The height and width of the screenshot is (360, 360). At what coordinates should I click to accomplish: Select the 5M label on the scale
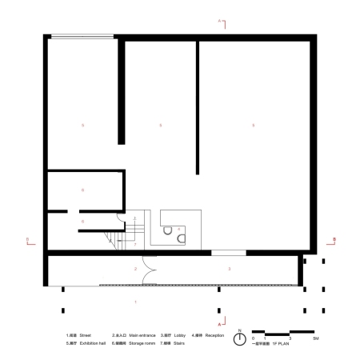click(315, 339)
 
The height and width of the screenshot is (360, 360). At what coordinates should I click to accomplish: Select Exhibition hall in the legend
click(93, 343)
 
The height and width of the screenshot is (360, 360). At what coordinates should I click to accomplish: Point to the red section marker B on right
click(334, 238)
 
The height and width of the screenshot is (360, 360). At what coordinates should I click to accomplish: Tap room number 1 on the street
click(135, 302)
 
